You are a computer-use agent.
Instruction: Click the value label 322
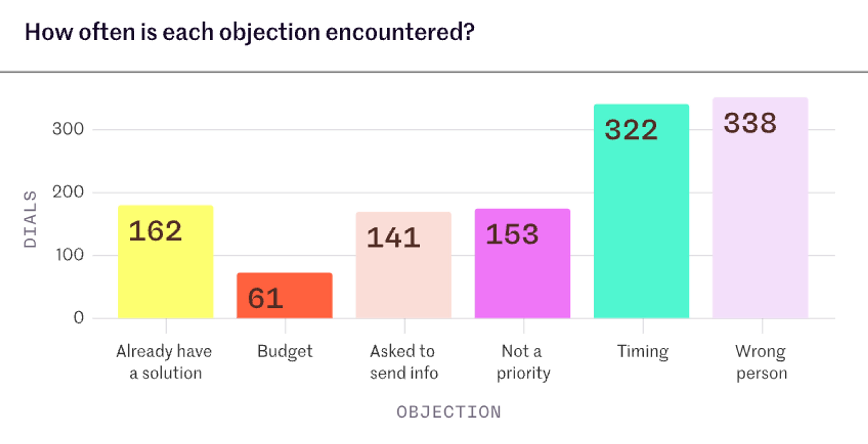(631, 130)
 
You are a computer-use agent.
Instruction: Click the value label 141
(393, 237)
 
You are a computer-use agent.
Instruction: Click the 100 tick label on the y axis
(69, 255)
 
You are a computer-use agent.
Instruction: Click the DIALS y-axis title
(30, 219)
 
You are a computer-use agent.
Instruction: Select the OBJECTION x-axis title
(449, 412)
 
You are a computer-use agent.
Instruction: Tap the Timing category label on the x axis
(643, 351)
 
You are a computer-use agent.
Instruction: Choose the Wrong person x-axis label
(761, 362)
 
